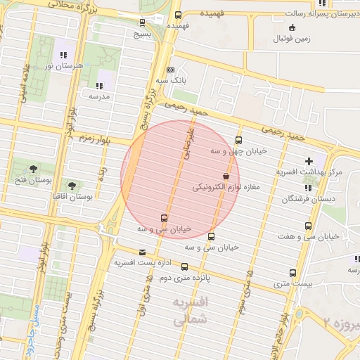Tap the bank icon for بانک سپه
[x=170, y=70]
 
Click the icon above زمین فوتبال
[x=292, y=28]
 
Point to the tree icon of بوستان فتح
[x=33, y=168]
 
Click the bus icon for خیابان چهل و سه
[x=238, y=140]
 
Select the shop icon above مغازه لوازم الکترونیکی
[x=226, y=176]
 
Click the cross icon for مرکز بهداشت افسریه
[x=309, y=161]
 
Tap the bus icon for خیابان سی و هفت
[x=308, y=226]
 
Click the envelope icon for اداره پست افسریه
[x=143, y=252]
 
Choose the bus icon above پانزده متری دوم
[x=185, y=266]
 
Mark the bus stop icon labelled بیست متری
[x=292, y=273]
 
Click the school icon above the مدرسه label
[x=98, y=85]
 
